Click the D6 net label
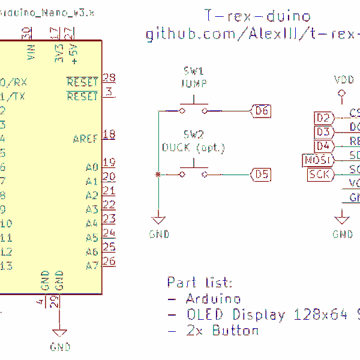coord(262,110)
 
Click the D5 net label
coord(262,175)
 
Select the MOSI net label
coord(318,160)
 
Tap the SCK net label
coord(319,175)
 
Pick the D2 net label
coord(323,118)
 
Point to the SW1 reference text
coord(194,71)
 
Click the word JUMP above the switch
coord(194,83)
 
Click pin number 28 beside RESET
coord(109,77)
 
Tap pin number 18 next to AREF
coord(109,134)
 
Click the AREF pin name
coord(85,139)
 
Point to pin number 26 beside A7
coord(109,261)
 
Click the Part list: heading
coord(199,283)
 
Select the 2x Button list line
coord(214,331)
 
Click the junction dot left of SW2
coord(158,175)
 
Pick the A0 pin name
coord(91,167)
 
